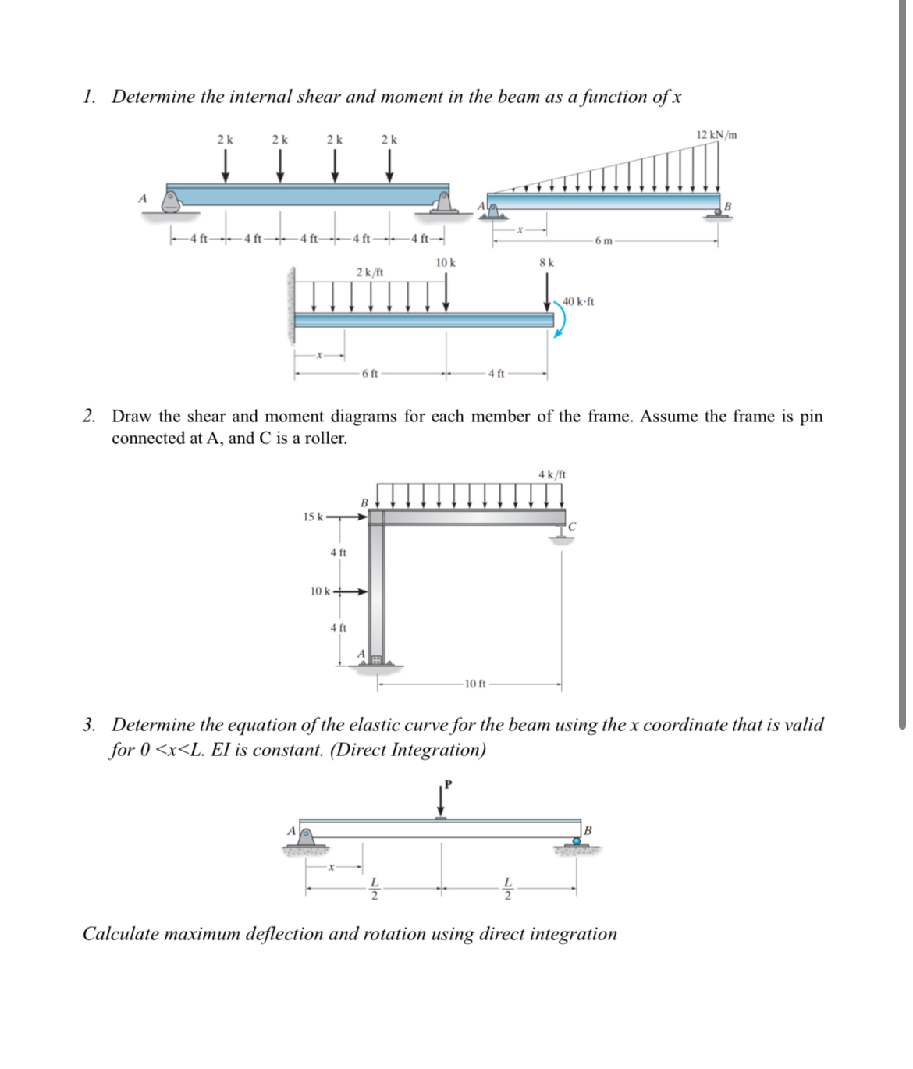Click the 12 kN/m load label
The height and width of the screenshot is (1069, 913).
click(716, 135)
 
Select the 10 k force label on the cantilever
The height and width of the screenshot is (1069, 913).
click(446, 263)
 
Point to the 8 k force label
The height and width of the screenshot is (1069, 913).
click(546, 263)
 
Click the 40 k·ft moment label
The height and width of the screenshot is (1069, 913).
click(578, 301)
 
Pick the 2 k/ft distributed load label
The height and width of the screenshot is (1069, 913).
click(369, 272)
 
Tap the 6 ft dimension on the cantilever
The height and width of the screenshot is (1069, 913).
click(370, 373)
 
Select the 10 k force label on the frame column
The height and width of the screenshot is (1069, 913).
click(320, 591)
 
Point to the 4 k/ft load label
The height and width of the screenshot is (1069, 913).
click(552, 474)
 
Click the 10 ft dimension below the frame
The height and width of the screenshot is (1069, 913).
click(474, 684)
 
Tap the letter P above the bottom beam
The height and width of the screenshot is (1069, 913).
click(448, 783)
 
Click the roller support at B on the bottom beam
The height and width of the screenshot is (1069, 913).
click(577, 842)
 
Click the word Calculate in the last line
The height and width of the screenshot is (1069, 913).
click(122, 934)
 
